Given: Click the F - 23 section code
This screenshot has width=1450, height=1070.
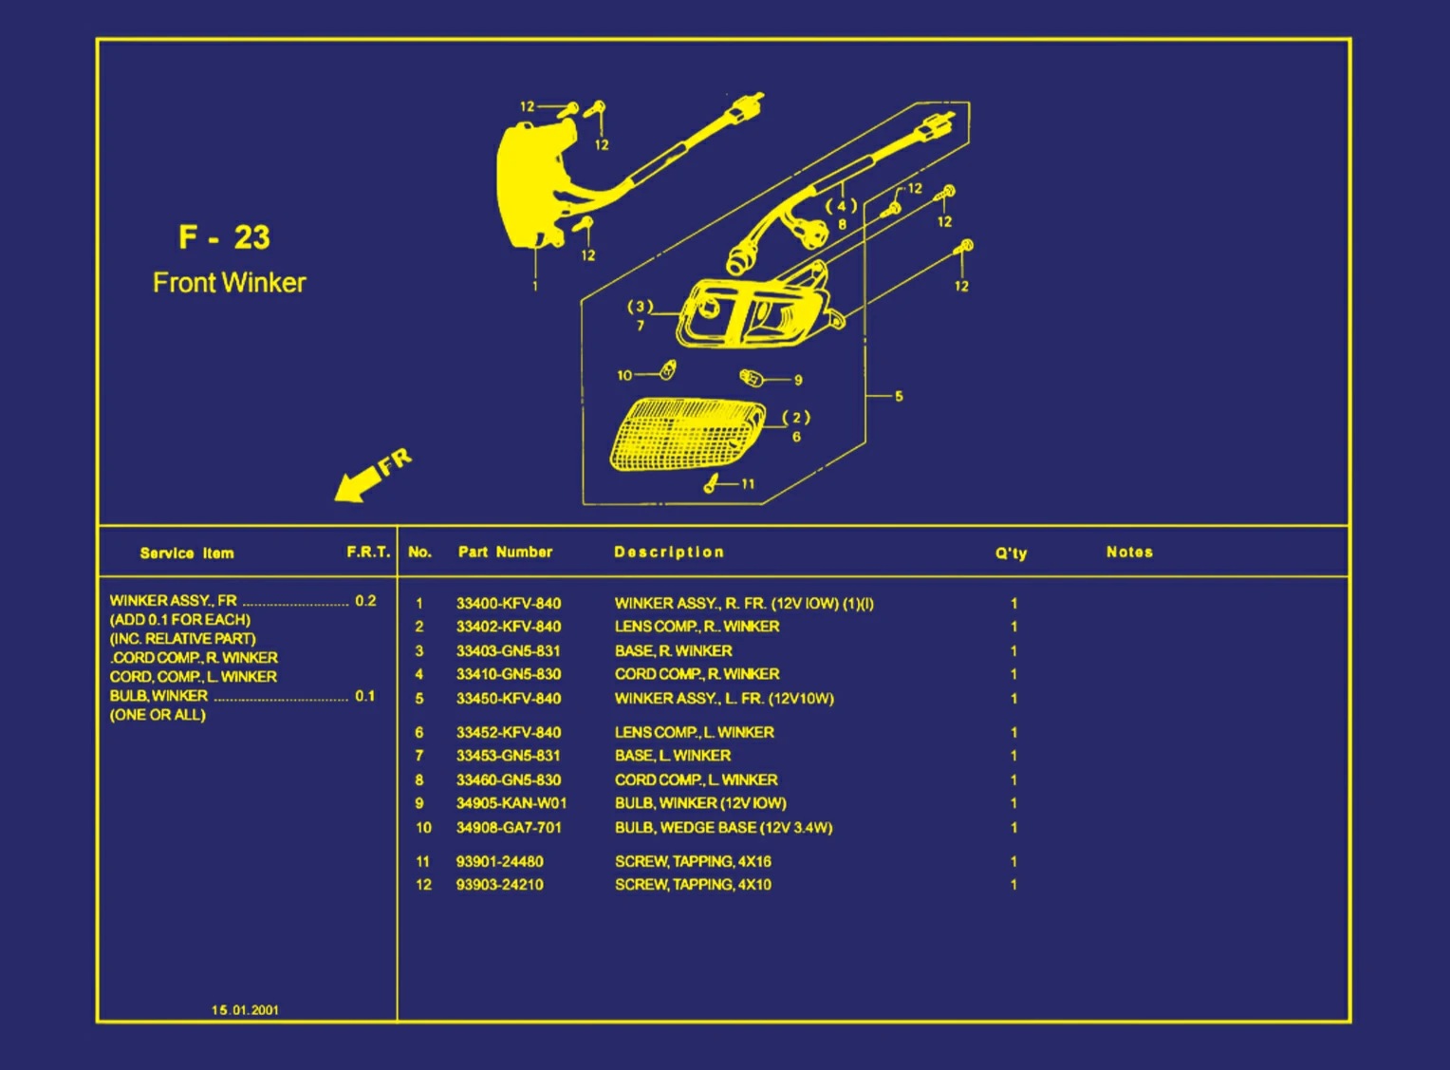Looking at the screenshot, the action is [x=224, y=237].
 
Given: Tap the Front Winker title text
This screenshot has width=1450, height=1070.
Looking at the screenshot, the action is [x=229, y=282].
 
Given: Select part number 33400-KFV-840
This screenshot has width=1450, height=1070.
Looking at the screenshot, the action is [x=508, y=604].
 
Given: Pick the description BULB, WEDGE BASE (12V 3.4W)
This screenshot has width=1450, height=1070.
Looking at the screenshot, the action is [x=724, y=828].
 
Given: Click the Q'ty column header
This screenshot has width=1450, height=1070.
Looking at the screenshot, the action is [x=1012, y=554].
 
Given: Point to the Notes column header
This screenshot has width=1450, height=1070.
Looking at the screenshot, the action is [x=1129, y=552].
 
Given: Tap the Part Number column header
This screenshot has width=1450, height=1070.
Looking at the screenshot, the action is [x=505, y=552].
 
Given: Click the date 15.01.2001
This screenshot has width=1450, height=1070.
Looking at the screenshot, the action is [x=246, y=1010].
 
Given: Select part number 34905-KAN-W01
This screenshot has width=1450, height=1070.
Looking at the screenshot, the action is [x=511, y=803].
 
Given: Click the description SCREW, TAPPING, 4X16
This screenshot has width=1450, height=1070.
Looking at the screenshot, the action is [x=694, y=861].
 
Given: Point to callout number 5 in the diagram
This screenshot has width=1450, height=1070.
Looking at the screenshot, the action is [x=899, y=396].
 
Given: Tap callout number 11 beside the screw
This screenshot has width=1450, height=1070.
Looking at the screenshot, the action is [x=748, y=484].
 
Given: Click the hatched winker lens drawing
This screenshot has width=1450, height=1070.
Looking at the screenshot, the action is [x=687, y=434].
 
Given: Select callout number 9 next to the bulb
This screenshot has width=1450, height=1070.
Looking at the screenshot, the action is [x=798, y=380].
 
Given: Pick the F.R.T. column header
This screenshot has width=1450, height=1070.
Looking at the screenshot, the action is [x=368, y=552].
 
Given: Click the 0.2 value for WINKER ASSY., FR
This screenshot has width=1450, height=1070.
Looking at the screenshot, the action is [x=365, y=600].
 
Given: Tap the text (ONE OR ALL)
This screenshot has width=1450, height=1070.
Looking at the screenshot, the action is [x=158, y=715].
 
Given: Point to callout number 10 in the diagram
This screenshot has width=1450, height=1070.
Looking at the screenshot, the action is [x=624, y=375].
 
